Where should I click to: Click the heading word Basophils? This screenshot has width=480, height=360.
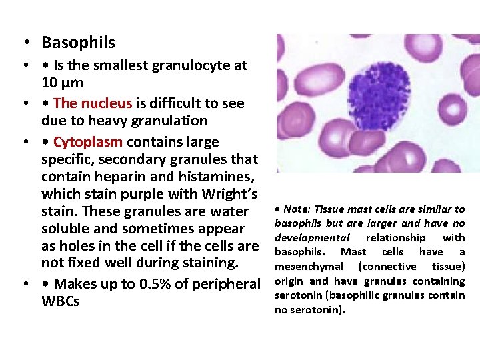point(78,43)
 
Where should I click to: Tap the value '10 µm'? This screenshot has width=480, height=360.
point(61,83)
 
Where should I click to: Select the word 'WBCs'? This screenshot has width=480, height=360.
point(60,301)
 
